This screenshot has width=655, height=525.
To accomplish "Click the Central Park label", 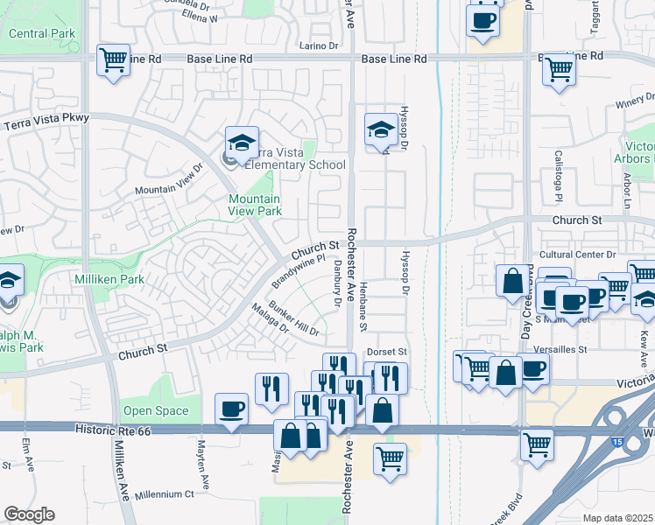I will pyautogui.click(x=42, y=33).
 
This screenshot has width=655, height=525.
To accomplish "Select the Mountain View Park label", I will pyautogui.click(x=254, y=205).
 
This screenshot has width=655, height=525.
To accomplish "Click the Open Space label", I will pyautogui.click(x=156, y=410).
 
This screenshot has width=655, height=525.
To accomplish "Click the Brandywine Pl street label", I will pyautogui.click(x=298, y=270).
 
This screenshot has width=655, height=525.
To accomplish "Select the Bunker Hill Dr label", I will pyautogui.click(x=293, y=318).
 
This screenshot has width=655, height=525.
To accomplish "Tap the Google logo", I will pyautogui.click(x=29, y=514).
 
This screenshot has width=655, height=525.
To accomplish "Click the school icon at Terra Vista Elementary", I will pyautogui.click(x=242, y=143).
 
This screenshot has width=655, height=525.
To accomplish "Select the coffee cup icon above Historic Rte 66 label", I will pyautogui.click(x=232, y=409).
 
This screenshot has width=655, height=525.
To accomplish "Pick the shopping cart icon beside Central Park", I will pyautogui.click(x=114, y=60).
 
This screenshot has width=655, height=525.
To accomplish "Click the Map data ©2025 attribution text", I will pyautogui.click(x=618, y=518).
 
